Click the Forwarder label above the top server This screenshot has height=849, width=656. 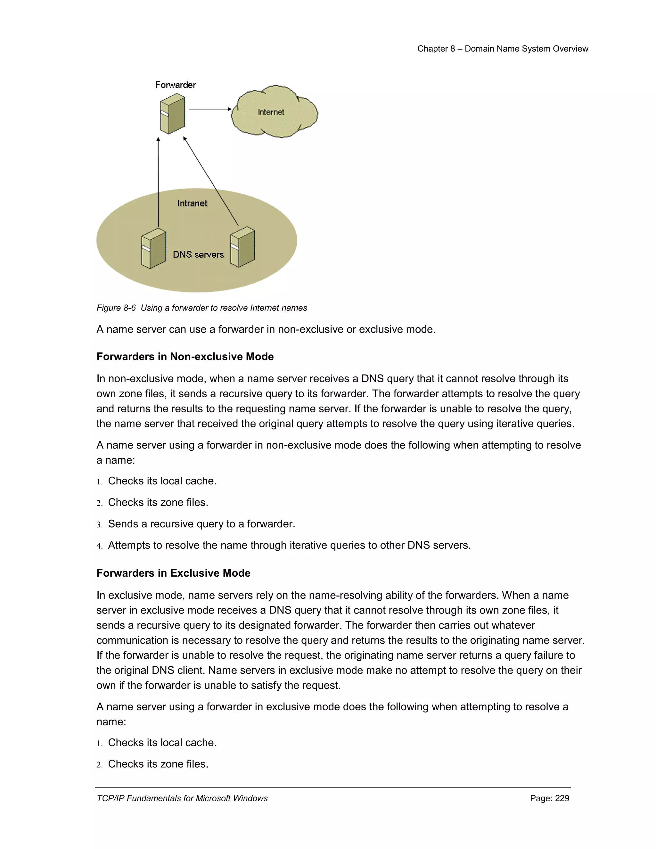(175, 85)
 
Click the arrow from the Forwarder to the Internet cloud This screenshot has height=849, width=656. (210, 109)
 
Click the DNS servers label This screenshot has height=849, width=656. (198, 255)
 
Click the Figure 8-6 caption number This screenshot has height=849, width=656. (116, 308)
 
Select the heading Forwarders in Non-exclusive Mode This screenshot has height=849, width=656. (185, 357)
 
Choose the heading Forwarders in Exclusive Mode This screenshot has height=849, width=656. (173, 573)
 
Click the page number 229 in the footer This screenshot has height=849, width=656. (562, 798)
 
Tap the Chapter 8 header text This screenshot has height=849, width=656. (503, 49)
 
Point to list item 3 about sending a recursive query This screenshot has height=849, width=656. (201, 524)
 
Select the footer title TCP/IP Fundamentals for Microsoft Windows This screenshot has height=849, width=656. (182, 798)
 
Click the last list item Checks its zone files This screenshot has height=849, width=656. (158, 764)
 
